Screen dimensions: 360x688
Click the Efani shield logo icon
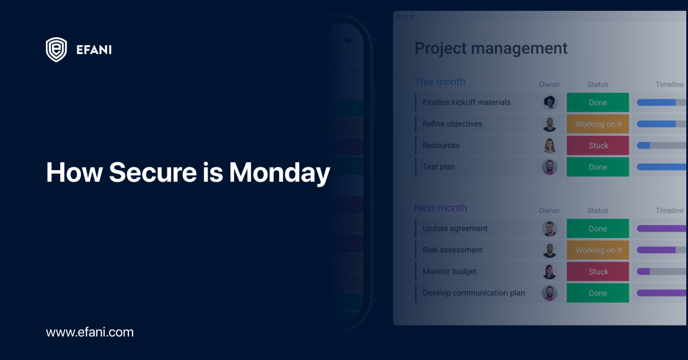pyautogui.click(x=56, y=50)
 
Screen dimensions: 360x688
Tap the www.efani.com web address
pyautogui.click(x=89, y=332)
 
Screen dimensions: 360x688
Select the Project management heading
pyautogui.click(x=491, y=48)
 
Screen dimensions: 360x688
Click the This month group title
pyautogui.click(x=440, y=82)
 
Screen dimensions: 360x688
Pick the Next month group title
pyautogui.click(x=440, y=208)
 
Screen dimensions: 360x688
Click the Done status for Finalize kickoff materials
pyautogui.click(x=597, y=103)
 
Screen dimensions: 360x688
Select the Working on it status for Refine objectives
pyautogui.click(x=597, y=124)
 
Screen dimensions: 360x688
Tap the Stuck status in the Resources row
pyautogui.click(x=597, y=146)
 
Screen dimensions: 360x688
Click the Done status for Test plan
pyautogui.click(x=597, y=167)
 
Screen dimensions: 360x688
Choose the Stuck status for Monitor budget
pyautogui.click(x=597, y=272)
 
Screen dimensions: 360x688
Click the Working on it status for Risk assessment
pyautogui.click(x=597, y=250)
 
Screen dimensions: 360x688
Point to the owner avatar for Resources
pyautogui.click(x=549, y=146)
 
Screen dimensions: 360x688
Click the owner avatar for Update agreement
pyautogui.click(x=549, y=229)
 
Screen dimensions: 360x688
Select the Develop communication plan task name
pyautogui.click(x=474, y=293)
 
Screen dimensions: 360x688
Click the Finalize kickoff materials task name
pyautogui.click(x=466, y=103)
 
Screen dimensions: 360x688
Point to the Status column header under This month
pyautogui.click(x=597, y=85)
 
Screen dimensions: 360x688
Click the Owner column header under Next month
pyautogui.click(x=549, y=211)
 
